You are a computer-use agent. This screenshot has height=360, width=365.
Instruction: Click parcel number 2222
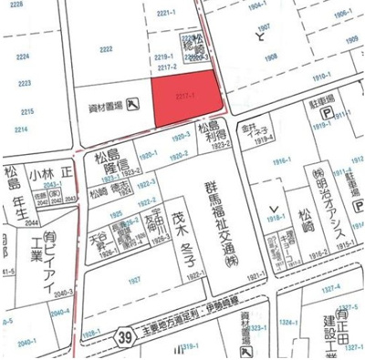point(107,48)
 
